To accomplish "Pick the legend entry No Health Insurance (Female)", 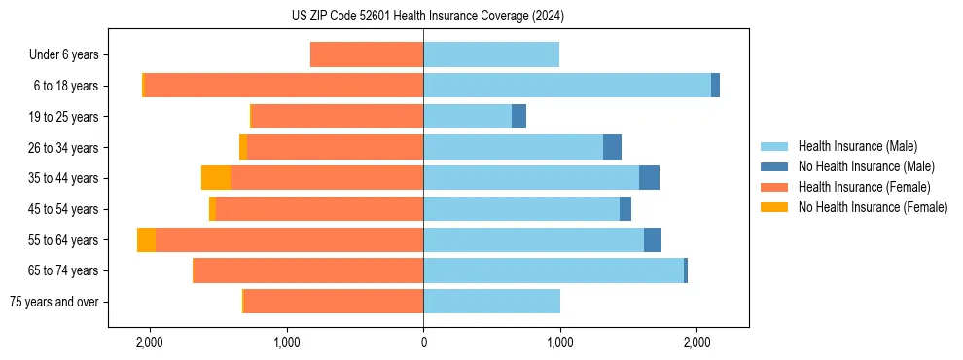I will (873, 207).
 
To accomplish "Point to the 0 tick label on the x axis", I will (423, 342).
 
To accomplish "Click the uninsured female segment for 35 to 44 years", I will (216, 178).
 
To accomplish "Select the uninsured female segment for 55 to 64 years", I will (146, 239).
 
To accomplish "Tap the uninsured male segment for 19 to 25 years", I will (518, 117).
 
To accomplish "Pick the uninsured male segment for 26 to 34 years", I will (612, 147).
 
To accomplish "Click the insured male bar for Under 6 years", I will (491, 55).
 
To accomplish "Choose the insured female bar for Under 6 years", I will (367, 55).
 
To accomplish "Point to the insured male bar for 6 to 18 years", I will (567, 86).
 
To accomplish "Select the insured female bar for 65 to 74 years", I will (308, 270).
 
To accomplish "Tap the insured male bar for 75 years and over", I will (491, 302).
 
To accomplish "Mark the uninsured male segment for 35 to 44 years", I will (649, 178).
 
